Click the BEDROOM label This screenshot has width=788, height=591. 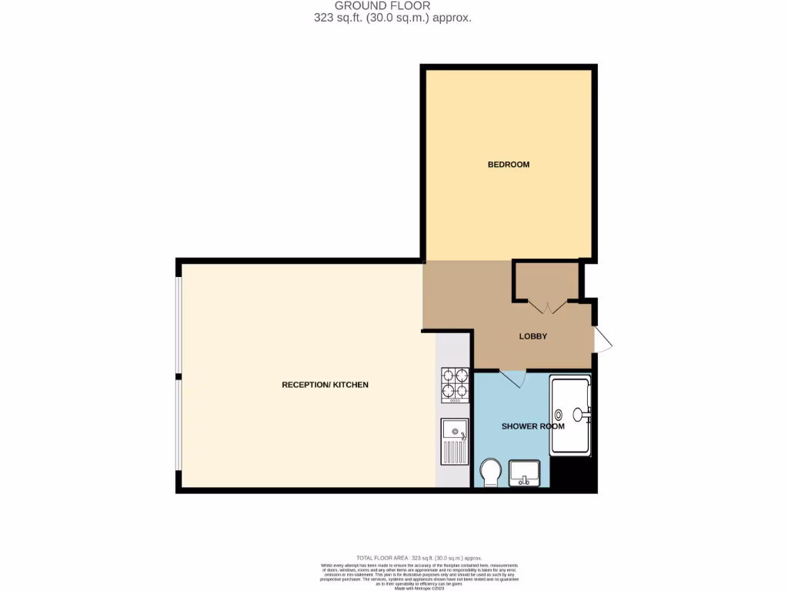tap(509, 165)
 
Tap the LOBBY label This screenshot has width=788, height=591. tap(533, 336)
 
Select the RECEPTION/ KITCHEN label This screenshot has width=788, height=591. tap(325, 385)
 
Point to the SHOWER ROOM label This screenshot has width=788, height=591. tap(533, 426)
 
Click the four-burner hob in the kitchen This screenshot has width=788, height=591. tap(455, 386)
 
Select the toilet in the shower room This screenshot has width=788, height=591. tap(490, 472)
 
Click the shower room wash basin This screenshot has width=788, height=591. tap(527, 472)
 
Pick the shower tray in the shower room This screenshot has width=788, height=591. tap(570, 416)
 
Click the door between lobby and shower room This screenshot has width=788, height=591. tap(513, 378)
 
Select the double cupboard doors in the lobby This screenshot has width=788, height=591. tap(547, 308)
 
